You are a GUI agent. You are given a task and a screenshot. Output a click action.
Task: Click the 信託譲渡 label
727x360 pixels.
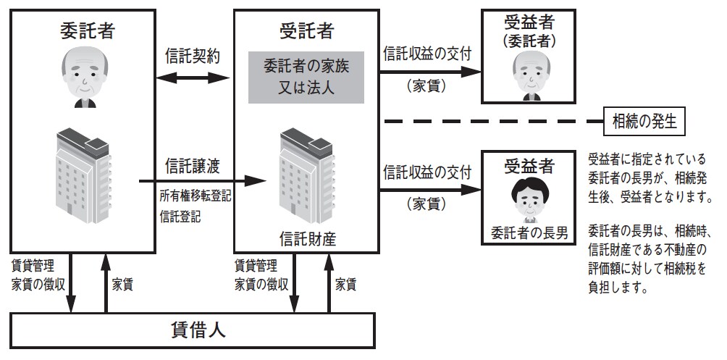click(x=193, y=165)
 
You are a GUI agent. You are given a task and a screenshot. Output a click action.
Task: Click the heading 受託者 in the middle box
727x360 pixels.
click(x=305, y=31)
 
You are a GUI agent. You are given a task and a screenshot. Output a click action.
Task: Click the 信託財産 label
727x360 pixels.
click(x=305, y=237)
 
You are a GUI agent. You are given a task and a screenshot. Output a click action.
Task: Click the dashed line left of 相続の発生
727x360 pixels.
click(x=492, y=120)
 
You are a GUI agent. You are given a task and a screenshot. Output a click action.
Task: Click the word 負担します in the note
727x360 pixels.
click(x=616, y=288)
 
